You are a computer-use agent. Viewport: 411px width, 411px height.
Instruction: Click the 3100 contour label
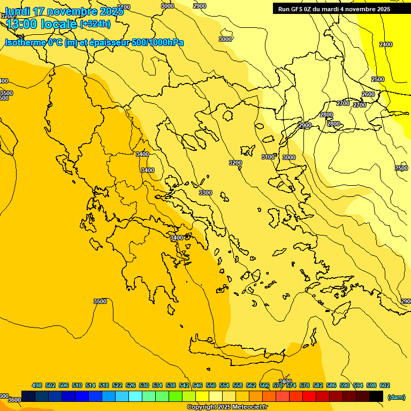pos(268,157)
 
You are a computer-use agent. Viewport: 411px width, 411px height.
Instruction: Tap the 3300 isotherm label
pos(205,193)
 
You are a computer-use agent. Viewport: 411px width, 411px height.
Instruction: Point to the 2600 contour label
pos(368,94)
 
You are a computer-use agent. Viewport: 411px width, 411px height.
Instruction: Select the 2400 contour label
pos(385,44)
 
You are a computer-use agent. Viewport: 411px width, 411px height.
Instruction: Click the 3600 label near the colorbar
pos(14,400)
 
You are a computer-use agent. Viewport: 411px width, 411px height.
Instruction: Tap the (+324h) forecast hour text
pos(95,24)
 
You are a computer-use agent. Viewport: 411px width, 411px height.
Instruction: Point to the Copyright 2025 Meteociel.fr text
pos(227,407)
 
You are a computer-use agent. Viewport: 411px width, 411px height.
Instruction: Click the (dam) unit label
pos(396,397)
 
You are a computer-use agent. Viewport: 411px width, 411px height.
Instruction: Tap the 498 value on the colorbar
pos(37,385)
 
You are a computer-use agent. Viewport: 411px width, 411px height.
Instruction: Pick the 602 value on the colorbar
pos(384,385)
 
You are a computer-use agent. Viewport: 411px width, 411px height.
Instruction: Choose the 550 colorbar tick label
pos(211,385)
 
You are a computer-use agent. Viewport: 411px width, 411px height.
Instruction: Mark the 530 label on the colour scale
pos(144,385)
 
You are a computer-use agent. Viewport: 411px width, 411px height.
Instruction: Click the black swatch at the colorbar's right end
pos(376,396)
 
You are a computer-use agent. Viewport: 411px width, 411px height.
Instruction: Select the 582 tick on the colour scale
pos(318,385)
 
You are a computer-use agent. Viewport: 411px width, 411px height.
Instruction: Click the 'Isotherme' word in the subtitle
pos(25,42)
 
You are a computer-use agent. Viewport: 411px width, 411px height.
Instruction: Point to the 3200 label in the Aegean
pos(235,163)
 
